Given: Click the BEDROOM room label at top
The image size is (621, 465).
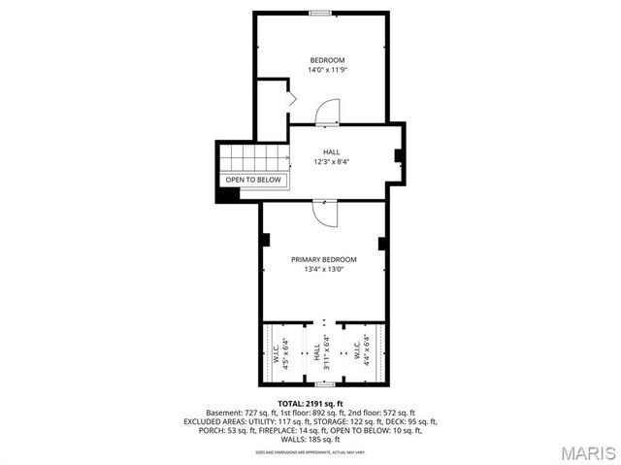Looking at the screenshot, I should (326, 60).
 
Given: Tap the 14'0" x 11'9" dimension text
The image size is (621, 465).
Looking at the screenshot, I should (326, 70).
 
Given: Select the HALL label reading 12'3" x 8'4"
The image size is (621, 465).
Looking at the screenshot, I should (331, 162).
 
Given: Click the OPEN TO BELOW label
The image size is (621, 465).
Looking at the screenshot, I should (253, 180).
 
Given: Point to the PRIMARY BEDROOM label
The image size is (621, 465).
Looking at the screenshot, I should (324, 259).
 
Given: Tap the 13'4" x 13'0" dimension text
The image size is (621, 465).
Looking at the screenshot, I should (324, 269).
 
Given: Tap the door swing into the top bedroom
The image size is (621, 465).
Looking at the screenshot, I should (328, 111).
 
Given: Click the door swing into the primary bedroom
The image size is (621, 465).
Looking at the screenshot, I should (325, 213).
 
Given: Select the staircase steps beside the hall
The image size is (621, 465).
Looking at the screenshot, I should (254, 156).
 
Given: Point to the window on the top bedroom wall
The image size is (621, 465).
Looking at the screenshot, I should (319, 13).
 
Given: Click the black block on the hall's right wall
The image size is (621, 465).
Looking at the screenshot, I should (399, 155).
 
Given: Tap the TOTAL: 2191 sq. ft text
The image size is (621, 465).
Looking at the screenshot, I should (310, 403).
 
